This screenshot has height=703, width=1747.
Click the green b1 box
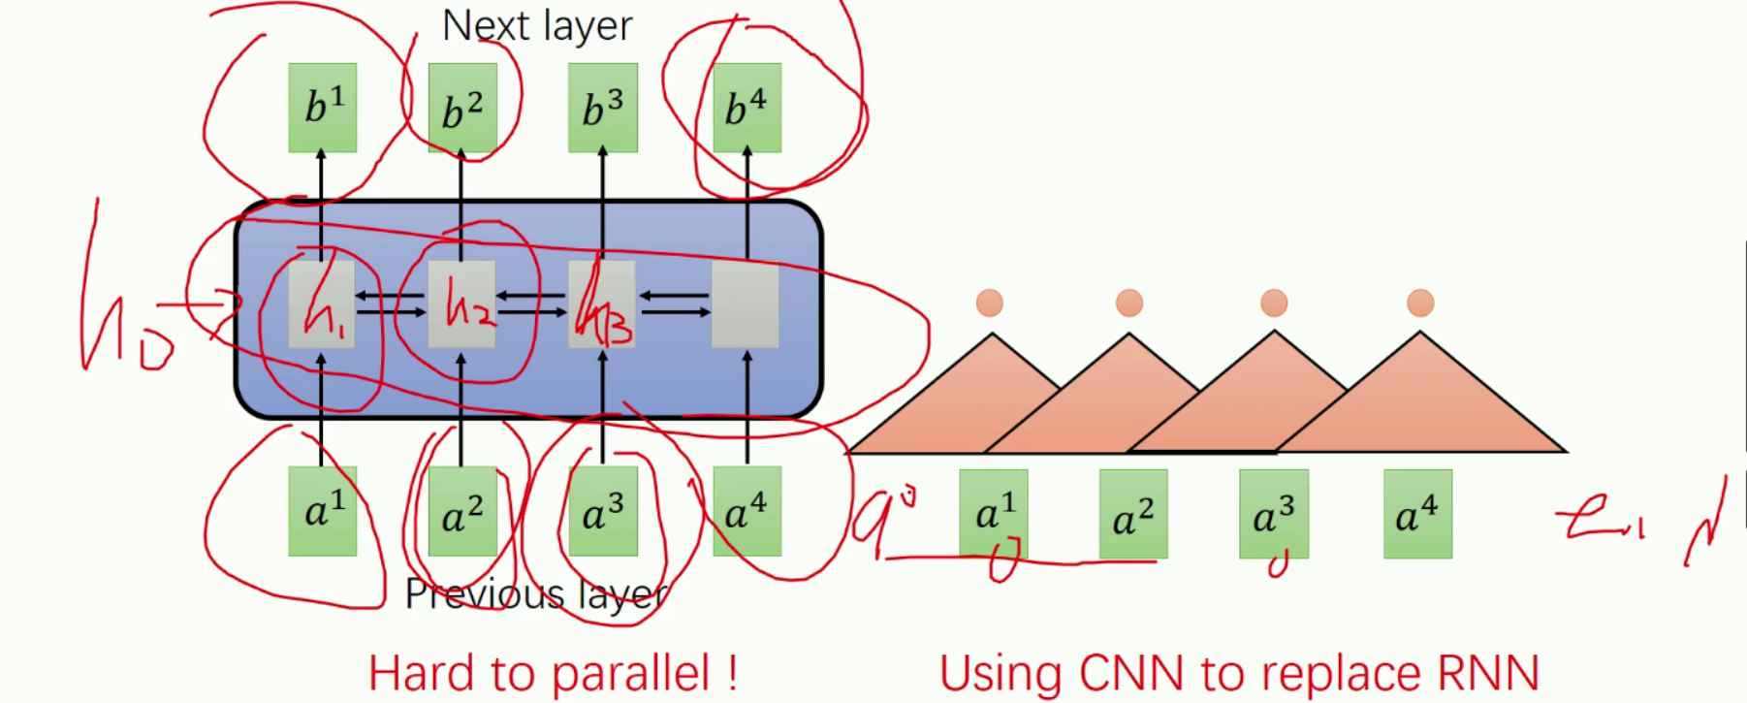(x=323, y=108)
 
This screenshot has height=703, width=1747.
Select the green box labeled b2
(x=462, y=108)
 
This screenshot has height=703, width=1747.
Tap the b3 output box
(x=602, y=108)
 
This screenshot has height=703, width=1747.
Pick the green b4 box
(x=746, y=108)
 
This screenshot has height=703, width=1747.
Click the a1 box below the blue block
(x=323, y=511)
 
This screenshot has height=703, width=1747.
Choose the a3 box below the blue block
(x=602, y=511)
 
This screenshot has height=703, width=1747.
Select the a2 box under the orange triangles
(x=1132, y=514)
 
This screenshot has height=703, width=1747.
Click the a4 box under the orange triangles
(x=1417, y=514)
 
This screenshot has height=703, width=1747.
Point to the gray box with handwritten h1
(x=322, y=304)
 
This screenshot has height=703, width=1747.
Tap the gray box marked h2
(x=461, y=304)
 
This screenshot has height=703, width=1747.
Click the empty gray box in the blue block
(x=745, y=304)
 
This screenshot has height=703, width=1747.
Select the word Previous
(x=484, y=593)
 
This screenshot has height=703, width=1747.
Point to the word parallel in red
(x=630, y=673)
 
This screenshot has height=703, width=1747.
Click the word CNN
(x=1130, y=673)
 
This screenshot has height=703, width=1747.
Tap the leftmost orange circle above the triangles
(x=990, y=304)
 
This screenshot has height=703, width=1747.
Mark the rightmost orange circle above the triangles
(x=1420, y=304)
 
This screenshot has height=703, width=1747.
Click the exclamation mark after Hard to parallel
(x=732, y=673)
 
